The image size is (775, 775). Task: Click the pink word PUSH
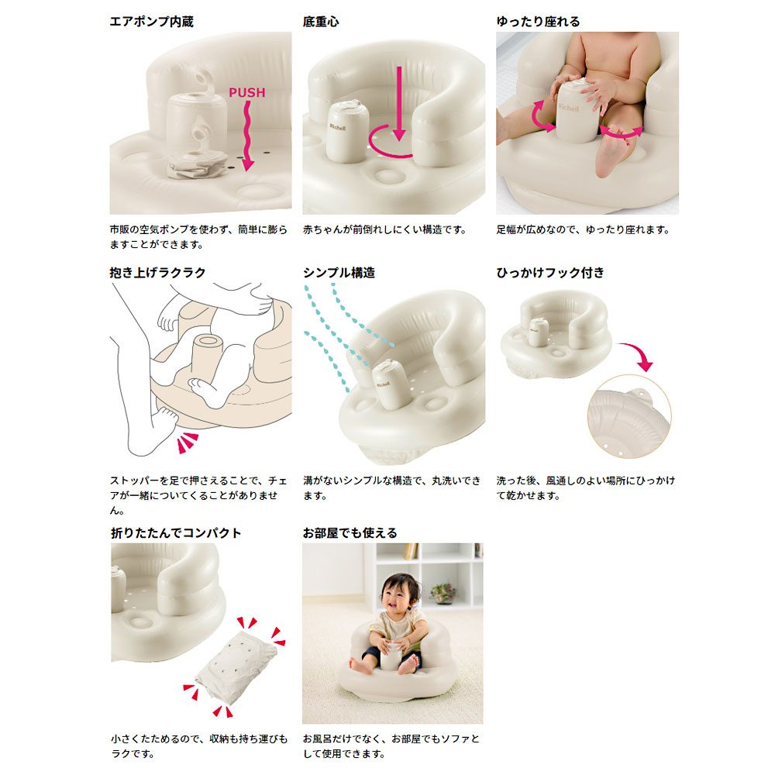click(246, 92)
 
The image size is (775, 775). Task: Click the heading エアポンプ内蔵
click(151, 22)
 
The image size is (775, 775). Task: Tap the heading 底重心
click(321, 22)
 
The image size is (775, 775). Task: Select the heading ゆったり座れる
click(538, 22)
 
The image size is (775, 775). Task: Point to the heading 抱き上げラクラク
click(157, 272)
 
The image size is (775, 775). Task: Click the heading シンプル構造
click(339, 272)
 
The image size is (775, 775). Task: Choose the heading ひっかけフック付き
click(550, 272)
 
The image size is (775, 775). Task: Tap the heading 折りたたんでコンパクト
click(176, 533)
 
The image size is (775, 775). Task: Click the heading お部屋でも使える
click(350, 533)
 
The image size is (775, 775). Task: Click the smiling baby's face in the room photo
click(399, 594)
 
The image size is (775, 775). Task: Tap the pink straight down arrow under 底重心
click(399, 103)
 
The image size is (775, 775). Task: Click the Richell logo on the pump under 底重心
click(338, 128)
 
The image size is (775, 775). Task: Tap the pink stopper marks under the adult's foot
click(188, 442)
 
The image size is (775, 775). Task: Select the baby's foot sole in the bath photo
click(612, 154)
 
